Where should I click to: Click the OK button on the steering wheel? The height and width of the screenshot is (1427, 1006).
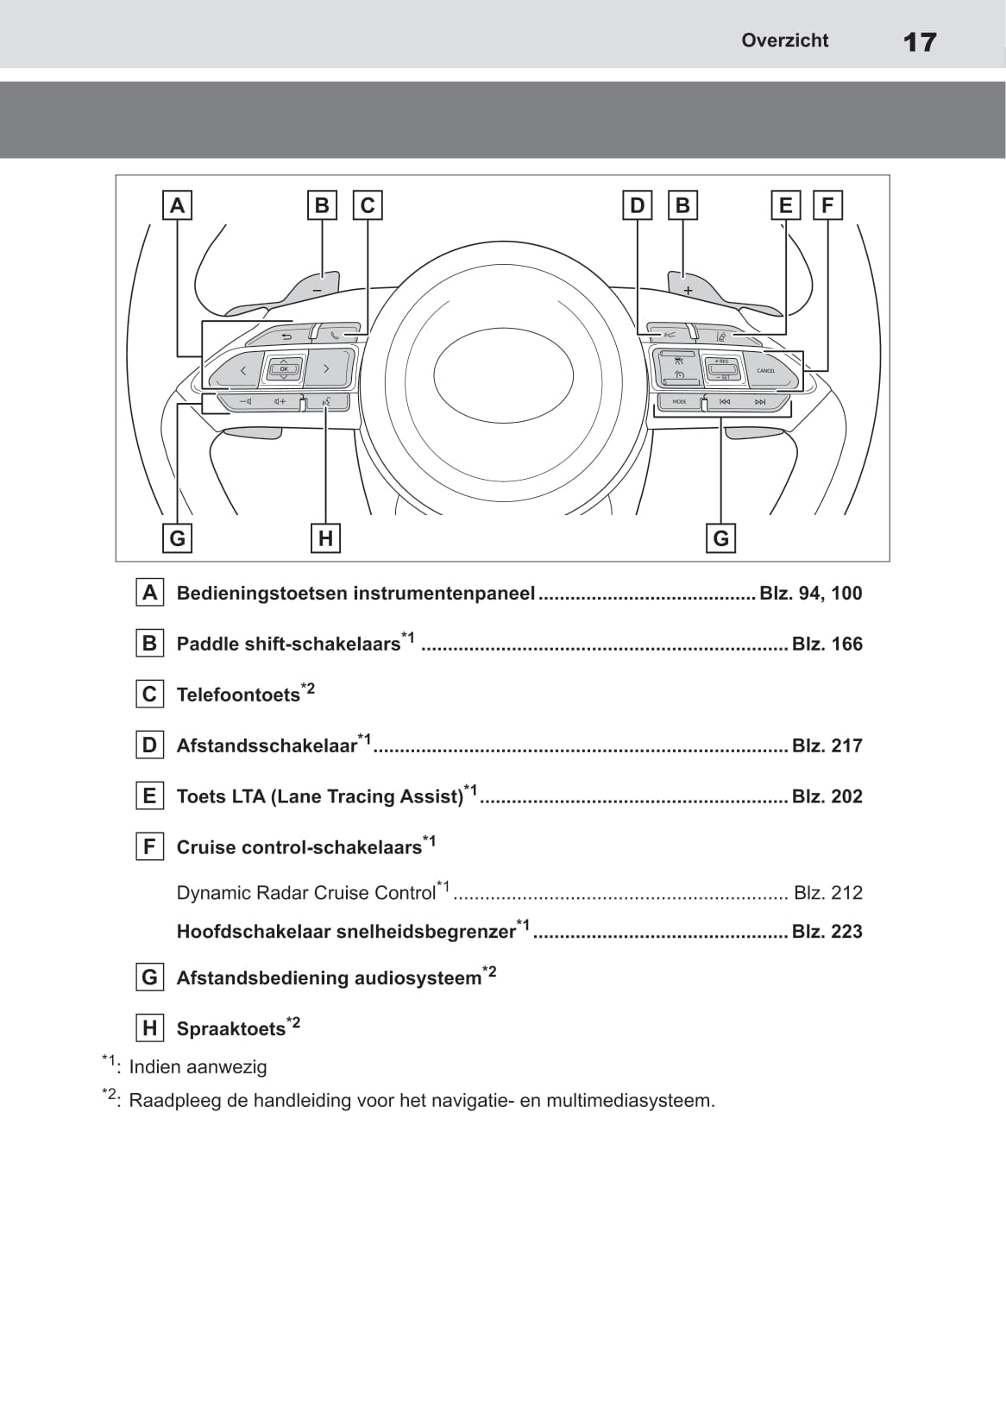coord(284,369)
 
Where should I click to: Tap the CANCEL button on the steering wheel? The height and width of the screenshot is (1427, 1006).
coord(766,370)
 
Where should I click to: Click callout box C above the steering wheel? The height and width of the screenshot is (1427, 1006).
coord(368,205)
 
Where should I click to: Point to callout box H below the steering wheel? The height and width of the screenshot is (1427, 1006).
coord(325,538)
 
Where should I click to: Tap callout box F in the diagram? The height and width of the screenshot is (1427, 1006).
coord(827,205)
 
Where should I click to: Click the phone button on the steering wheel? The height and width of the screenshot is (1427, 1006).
coord(336,334)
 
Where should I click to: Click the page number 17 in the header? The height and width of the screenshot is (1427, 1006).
coord(920,41)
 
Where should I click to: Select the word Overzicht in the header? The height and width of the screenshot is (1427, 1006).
coord(784,41)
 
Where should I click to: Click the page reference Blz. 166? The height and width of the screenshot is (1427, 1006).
coord(827,644)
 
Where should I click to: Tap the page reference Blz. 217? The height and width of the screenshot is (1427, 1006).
coord(827,745)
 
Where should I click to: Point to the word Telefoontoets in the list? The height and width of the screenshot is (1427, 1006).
coord(238,695)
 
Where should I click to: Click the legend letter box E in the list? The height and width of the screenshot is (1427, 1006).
coord(150,795)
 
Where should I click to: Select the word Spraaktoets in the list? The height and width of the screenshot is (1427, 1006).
coord(231,1029)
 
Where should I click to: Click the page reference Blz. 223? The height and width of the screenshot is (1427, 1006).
coord(827,931)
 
